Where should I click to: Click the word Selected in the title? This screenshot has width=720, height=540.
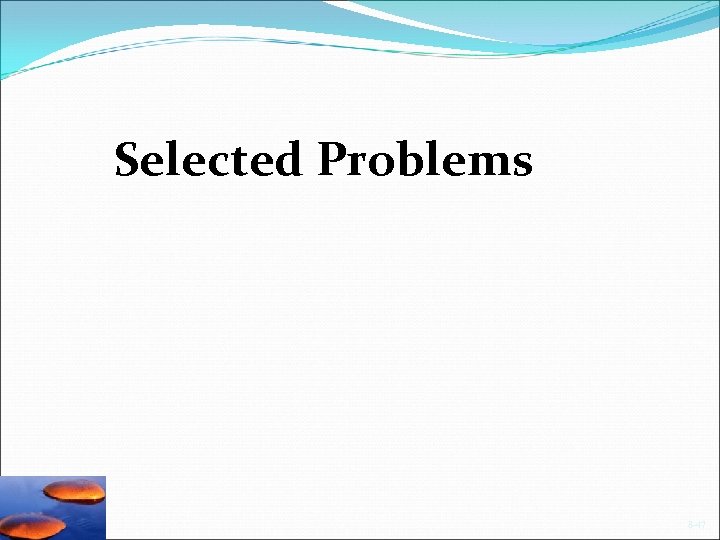point(207,160)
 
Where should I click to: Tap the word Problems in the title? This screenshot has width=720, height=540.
point(425,160)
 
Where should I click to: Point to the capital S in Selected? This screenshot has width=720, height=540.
point(127,160)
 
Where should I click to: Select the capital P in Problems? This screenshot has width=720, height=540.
point(334,160)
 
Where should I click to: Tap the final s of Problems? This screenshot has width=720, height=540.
point(521,164)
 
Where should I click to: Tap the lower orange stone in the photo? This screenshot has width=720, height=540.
point(38,523)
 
